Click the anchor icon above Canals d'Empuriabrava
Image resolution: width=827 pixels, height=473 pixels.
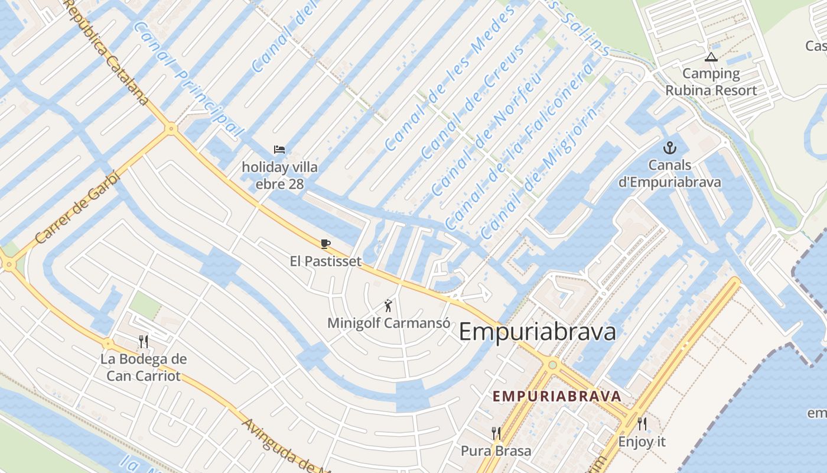tap(670, 147)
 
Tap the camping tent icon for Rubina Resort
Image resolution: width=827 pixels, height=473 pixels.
tap(711, 57)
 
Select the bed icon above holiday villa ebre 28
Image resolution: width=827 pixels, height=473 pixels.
tap(279, 150)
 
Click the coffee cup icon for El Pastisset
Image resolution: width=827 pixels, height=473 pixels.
tap(325, 244)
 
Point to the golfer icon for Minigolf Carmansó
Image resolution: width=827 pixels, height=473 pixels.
tap(388, 306)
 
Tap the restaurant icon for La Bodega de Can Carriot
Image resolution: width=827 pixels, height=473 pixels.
tap(143, 341)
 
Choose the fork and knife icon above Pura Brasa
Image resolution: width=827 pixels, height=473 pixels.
tap(496, 433)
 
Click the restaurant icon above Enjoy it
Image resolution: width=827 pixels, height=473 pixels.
tap(642, 423)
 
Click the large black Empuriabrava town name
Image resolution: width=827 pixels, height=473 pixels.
tap(537, 332)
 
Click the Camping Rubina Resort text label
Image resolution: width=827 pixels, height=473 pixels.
tap(711, 82)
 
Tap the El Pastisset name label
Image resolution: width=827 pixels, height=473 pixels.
tap(325, 261)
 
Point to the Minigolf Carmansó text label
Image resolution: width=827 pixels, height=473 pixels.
tap(388, 323)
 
